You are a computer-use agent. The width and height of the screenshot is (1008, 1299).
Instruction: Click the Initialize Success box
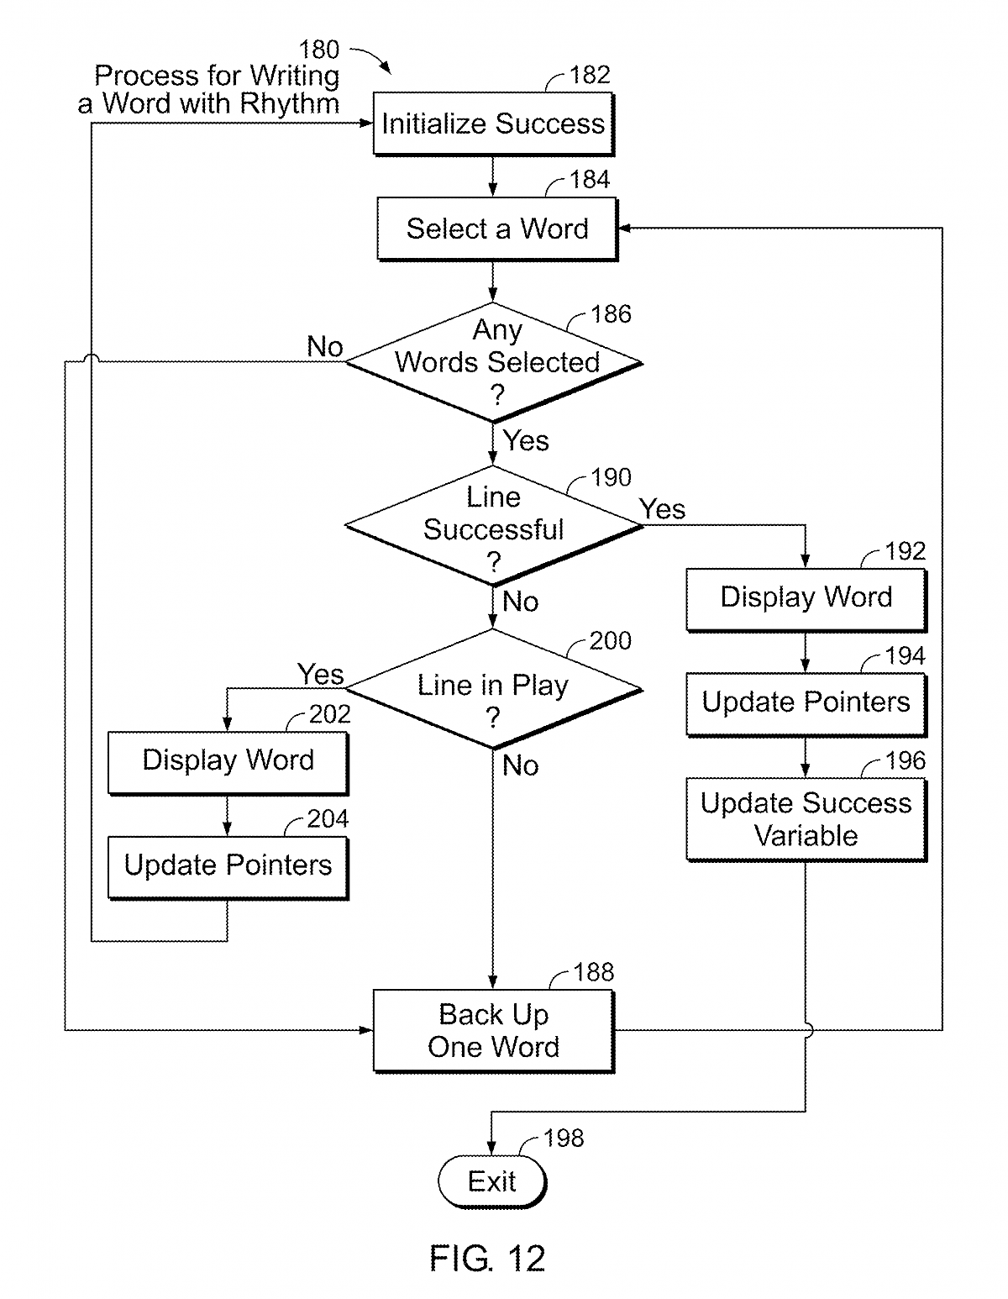pos(493,124)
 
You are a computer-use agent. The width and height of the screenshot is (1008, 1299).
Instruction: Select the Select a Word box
pos(496,229)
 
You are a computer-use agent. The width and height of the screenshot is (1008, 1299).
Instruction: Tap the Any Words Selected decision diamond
pos(494,362)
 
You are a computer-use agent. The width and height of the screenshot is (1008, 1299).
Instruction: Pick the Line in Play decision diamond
pos(494,690)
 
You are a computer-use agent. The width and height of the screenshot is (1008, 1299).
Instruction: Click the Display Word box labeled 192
pos(806,598)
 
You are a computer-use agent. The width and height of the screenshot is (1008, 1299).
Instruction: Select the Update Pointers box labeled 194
pos(806,703)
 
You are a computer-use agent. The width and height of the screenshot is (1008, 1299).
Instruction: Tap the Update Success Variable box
pos(806,819)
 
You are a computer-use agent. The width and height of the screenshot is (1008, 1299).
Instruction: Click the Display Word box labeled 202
pos(228,761)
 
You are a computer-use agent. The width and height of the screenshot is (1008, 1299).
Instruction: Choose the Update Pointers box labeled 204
pos(228,866)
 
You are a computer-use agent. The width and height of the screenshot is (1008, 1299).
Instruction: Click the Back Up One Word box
pos(493,1031)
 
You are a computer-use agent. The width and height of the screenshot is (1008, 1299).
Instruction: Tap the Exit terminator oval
pos(492,1182)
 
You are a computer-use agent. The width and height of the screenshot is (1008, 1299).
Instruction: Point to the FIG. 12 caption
pos(487,1259)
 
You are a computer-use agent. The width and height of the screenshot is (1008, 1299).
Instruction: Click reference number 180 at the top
pos(319,50)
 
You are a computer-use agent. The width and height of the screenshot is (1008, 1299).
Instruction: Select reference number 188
pos(594,972)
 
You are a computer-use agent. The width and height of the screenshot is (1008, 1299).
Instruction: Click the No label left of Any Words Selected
pos(325,346)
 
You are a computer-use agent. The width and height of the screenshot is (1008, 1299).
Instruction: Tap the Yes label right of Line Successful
pos(662,508)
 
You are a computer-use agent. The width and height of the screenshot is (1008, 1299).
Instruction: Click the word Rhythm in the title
pos(289,103)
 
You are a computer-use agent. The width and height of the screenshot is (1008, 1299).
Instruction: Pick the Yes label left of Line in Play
pos(321,674)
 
